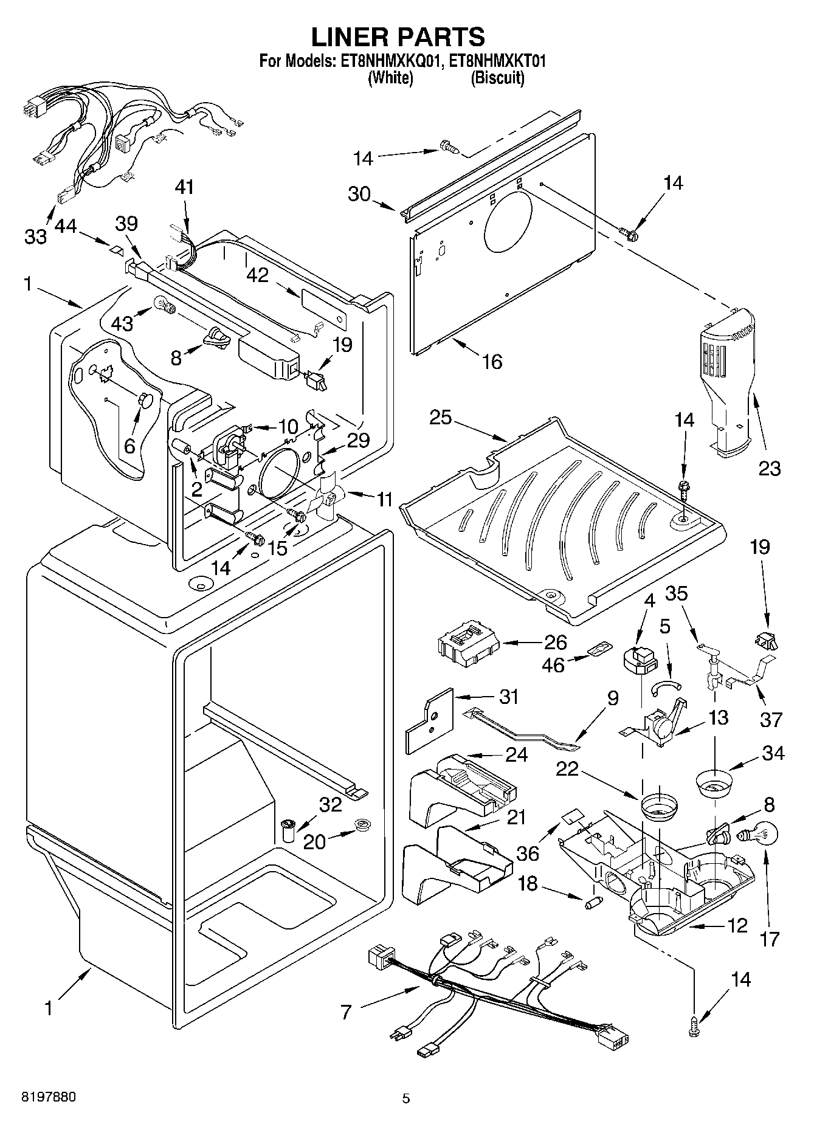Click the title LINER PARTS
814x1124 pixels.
click(x=399, y=37)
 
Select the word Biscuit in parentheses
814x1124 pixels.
click(x=497, y=78)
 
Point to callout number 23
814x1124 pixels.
click(x=768, y=468)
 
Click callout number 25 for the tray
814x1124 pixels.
click(x=441, y=418)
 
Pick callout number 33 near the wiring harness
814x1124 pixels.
click(x=35, y=236)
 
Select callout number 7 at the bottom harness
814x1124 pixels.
click(x=346, y=1012)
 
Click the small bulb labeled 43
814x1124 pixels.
click(x=165, y=302)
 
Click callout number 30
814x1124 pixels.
click(x=359, y=194)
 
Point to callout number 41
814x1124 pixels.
click(x=185, y=187)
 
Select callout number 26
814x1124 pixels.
click(x=555, y=643)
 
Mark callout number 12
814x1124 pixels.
click(x=737, y=926)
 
